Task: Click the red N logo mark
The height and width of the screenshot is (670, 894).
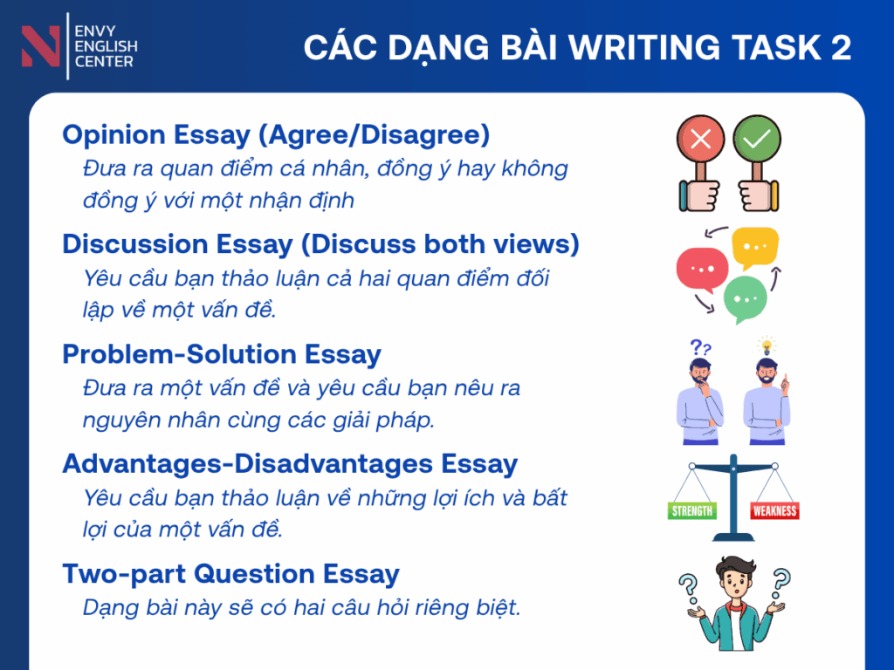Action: pos(40,46)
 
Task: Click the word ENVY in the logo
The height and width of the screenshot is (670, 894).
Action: pos(95,31)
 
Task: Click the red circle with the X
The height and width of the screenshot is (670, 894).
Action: pos(700,139)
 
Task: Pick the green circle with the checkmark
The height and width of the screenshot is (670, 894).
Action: pos(757,139)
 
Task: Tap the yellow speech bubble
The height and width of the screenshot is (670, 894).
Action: pos(755,247)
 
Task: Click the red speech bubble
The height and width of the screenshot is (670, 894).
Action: pos(703,270)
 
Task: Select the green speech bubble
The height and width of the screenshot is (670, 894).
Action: pos(746,299)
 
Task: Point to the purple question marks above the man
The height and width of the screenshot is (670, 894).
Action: pos(700,347)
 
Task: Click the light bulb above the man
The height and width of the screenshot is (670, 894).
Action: pos(767,345)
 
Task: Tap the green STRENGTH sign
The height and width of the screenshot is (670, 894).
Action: pos(692,510)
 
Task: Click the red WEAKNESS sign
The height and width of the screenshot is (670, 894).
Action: pos(774,510)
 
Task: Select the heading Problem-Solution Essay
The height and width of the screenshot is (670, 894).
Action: pos(222,354)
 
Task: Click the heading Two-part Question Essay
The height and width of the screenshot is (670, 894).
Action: pos(230,574)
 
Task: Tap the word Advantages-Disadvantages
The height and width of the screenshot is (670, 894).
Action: pos(247,464)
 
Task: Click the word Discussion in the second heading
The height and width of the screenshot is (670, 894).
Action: pos(134,244)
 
